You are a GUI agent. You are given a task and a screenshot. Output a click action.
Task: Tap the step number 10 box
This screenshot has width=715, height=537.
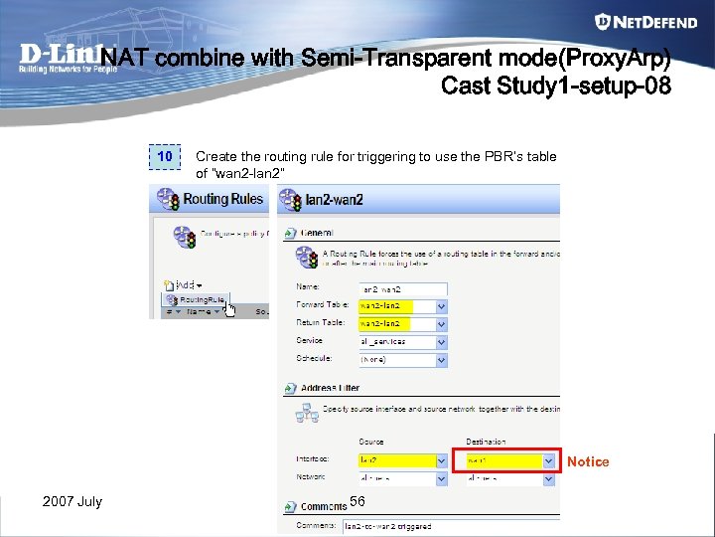165,157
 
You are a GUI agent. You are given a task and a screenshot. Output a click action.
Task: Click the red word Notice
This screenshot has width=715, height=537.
588,461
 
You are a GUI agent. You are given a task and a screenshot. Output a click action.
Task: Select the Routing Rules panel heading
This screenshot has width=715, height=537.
222,199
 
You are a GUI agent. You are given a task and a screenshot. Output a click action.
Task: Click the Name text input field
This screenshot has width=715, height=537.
401,288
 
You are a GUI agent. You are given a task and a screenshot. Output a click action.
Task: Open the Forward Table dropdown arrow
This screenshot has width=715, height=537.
441,306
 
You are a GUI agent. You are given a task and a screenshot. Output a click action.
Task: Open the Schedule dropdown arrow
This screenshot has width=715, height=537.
441,359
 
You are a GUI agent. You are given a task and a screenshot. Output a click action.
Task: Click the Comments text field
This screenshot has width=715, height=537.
447,525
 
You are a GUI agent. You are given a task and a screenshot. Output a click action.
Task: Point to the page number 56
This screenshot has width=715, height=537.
358,500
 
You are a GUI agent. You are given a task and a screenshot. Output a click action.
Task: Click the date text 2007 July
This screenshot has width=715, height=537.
72,501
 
